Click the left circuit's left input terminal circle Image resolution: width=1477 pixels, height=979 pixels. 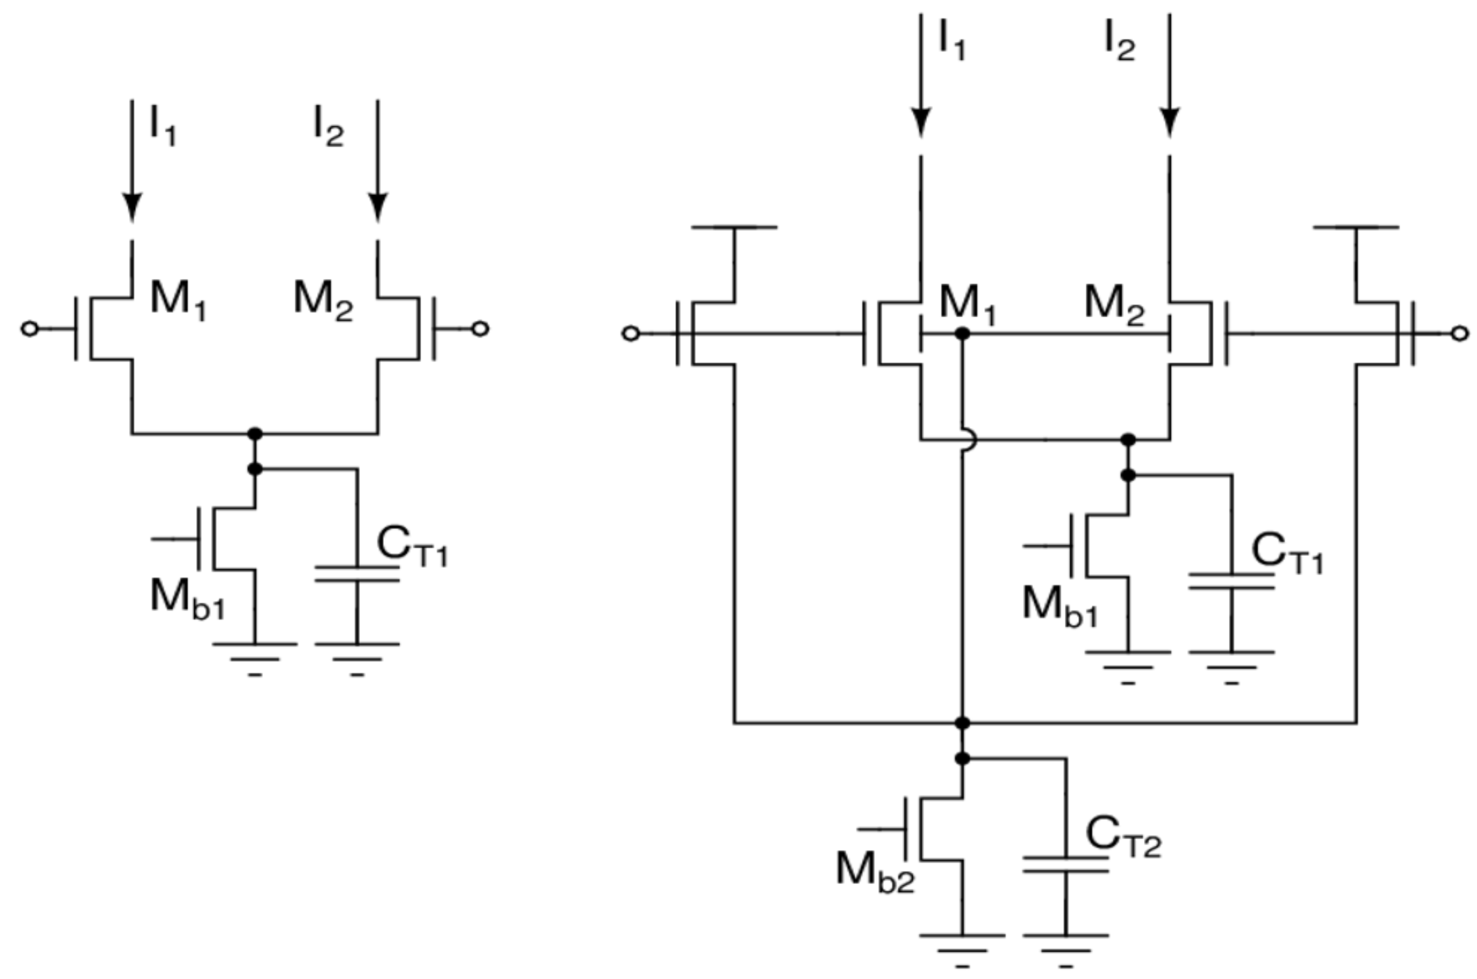30,328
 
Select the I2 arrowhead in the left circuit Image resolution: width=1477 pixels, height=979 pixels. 377,206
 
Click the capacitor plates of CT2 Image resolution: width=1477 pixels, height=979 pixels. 1066,864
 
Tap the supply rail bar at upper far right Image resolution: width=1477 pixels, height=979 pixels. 1356,227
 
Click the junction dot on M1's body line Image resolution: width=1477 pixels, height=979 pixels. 963,334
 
